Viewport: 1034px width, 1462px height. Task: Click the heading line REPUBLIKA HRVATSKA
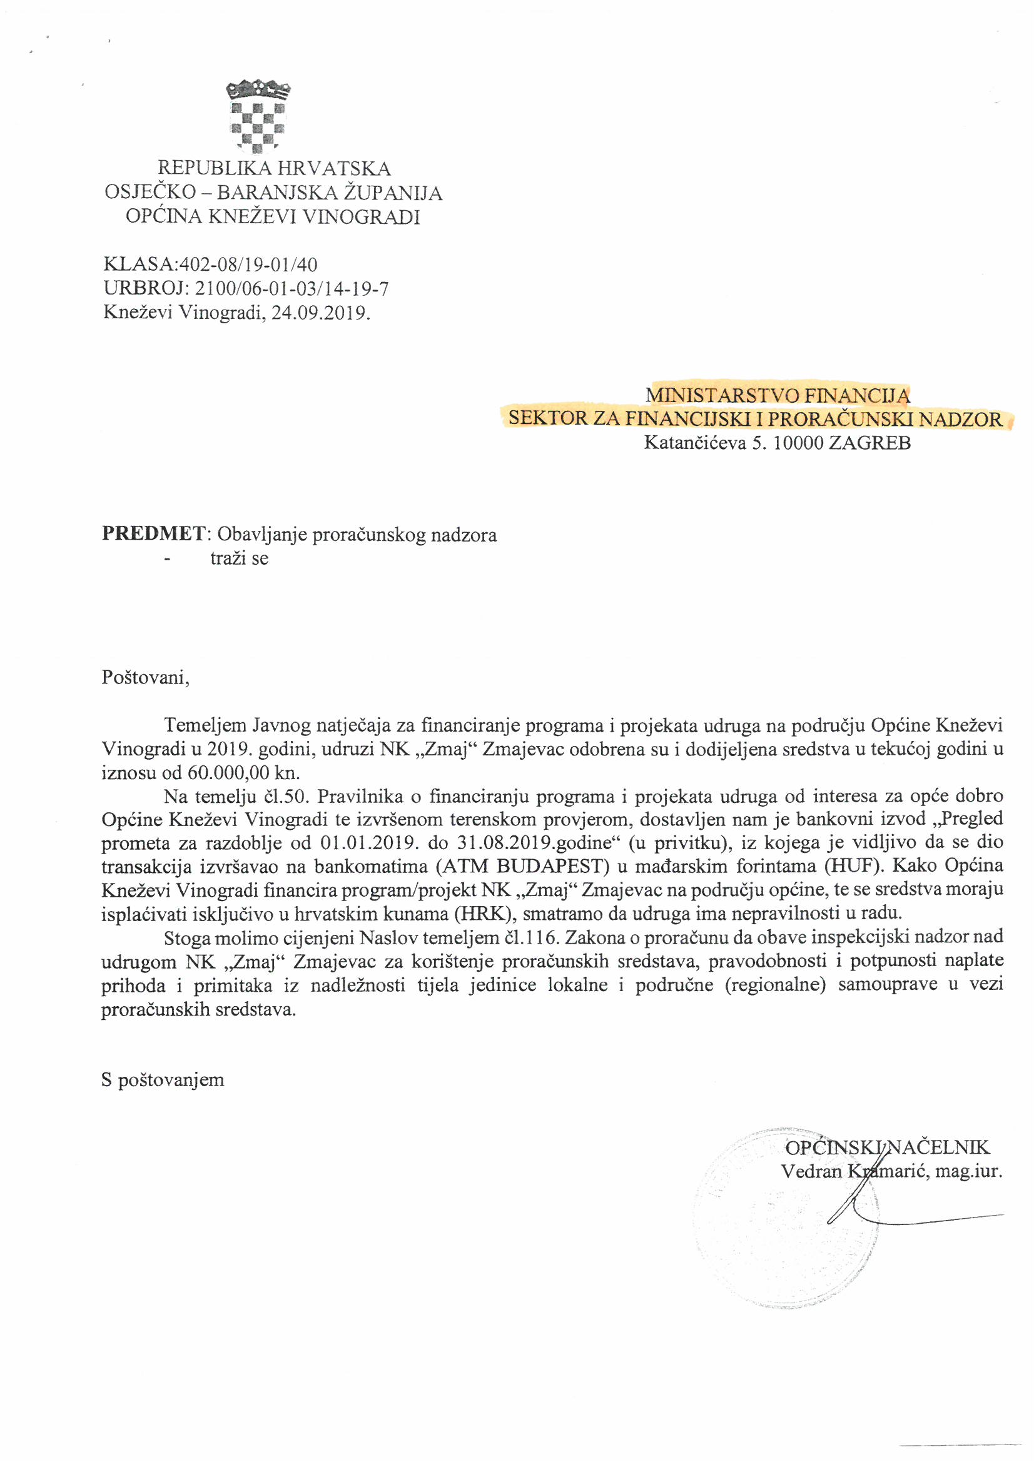click(x=274, y=169)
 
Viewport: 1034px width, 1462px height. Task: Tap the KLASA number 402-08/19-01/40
click(x=248, y=265)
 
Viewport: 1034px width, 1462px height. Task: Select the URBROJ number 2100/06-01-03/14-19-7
click(x=291, y=289)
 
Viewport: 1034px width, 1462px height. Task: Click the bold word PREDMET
click(x=153, y=533)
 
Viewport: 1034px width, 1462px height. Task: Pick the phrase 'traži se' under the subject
click(x=240, y=559)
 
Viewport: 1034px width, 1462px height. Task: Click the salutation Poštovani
click(x=145, y=676)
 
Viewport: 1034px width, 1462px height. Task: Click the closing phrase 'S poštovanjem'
click(x=163, y=1080)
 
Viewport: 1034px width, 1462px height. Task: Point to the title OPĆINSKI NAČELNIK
click(x=887, y=1147)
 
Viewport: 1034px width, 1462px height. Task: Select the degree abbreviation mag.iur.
click(x=968, y=1171)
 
